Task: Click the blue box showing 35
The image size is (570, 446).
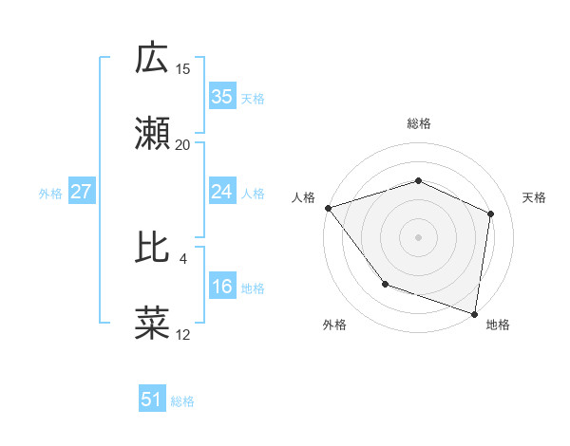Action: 221,97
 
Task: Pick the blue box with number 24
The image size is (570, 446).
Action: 221,193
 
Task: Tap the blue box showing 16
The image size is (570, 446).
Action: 221,288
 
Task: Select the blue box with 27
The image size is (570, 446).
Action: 82,193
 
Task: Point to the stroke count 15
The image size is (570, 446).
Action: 183,68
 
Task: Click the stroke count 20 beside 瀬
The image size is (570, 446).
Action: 183,145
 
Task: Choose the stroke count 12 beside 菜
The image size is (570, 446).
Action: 182,334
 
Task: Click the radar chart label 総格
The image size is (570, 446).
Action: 419,123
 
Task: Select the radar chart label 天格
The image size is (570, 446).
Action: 535,197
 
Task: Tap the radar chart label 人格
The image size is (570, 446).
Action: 303,197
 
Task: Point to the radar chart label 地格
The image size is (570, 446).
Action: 498,325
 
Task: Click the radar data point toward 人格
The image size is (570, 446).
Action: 328,208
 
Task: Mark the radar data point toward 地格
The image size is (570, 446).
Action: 475,313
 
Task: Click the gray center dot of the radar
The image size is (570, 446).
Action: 419,236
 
